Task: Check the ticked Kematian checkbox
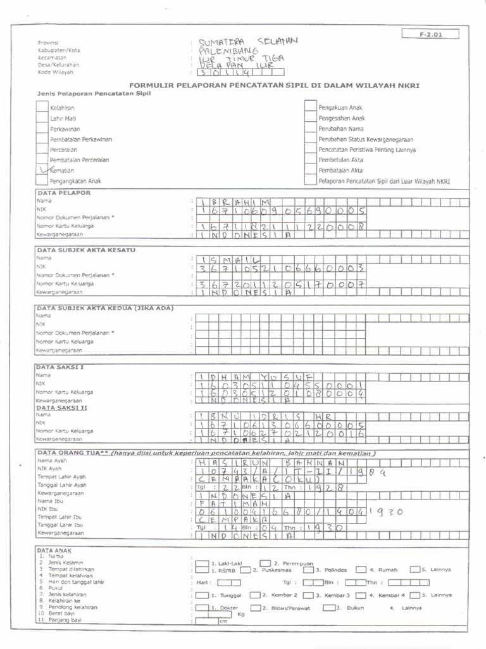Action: [43, 169]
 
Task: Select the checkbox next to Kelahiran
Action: [43, 108]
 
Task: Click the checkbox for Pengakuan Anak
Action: [310, 108]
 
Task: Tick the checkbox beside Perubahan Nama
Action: [310, 129]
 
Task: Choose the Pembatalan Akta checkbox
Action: [310, 170]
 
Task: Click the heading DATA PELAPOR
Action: [64, 192]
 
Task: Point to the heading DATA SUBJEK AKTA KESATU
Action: [86, 250]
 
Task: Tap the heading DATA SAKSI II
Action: [62, 408]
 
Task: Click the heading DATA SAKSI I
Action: [61, 367]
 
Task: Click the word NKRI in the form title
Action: [408, 86]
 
